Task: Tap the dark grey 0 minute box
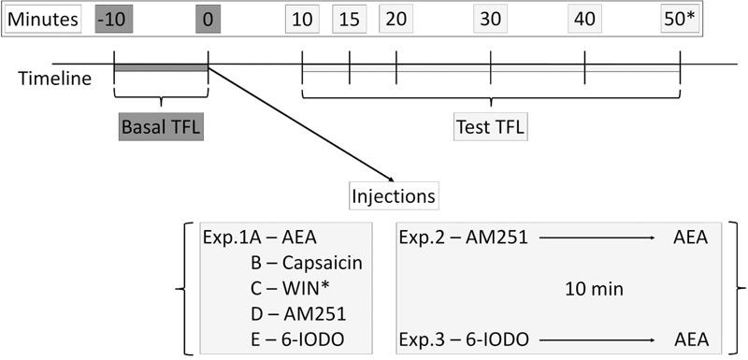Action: (x=208, y=19)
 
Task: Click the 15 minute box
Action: (x=349, y=19)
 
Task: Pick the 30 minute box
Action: (x=490, y=19)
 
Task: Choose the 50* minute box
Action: (x=680, y=19)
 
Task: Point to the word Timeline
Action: (x=55, y=79)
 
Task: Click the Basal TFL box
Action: (x=161, y=126)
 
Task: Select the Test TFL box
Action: (x=490, y=126)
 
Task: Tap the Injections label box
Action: (x=394, y=197)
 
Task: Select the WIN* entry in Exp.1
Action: (x=295, y=288)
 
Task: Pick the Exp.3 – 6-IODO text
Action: (x=464, y=338)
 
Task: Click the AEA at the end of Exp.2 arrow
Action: (x=690, y=238)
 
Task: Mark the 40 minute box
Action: (x=585, y=19)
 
